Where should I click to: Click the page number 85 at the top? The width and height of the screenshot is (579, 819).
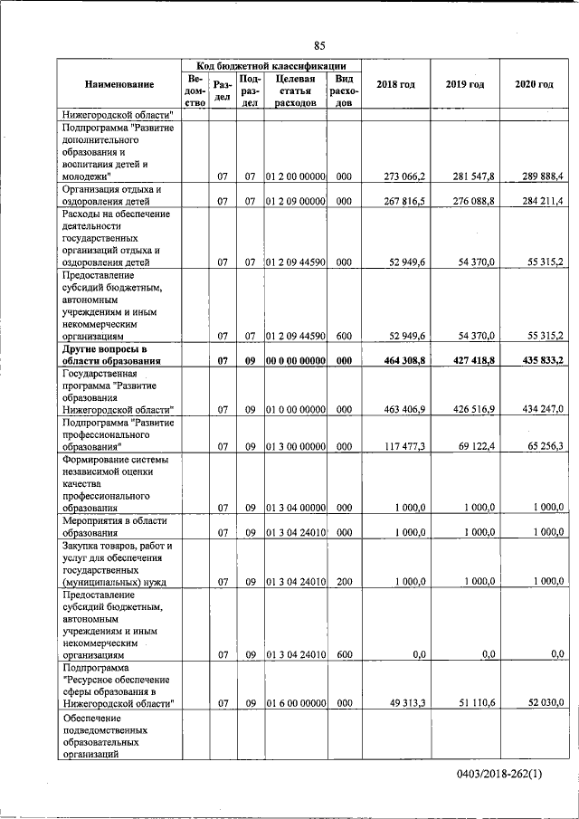pyautogui.click(x=319, y=46)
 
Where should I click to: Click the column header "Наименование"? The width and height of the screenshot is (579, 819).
pyautogui.click(x=119, y=84)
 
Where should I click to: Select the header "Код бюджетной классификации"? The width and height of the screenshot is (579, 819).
pyautogui.click(x=271, y=66)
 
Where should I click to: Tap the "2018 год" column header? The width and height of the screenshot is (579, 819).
pyautogui.click(x=395, y=84)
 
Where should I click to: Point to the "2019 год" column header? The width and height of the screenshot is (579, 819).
pyautogui.click(x=465, y=84)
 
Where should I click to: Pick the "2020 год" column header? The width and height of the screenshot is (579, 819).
pyautogui.click(x=534, y=84)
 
